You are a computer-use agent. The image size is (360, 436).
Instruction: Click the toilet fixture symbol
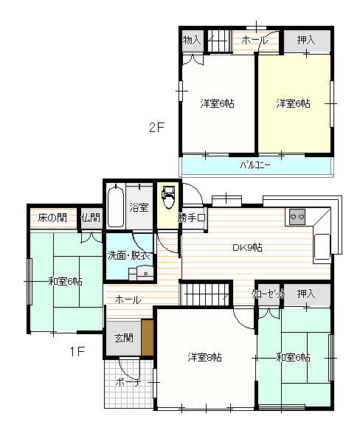click(x=168, y=196)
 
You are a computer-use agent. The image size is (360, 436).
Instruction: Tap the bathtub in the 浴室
click(x=116, y=207)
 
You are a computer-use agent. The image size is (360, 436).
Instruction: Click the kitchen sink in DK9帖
click(x=322, y=246)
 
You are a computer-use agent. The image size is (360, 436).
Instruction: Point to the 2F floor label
click(x=157, y=128)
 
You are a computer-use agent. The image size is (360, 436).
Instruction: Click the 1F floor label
click(x=77, y=352)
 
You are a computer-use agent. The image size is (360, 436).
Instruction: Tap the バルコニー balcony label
click(x=255, y=165)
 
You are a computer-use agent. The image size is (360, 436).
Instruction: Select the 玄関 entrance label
click(x=124, y=338)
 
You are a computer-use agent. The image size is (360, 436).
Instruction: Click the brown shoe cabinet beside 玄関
click(x=148, y=338)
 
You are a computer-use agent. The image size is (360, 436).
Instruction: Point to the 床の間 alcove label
click(x=52, y=218)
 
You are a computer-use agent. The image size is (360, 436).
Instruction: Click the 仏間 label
click(x=91, y=218)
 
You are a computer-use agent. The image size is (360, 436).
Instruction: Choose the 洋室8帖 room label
click(x=204, y=357)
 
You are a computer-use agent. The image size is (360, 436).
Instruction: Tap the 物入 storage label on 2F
click(x=192, y=40)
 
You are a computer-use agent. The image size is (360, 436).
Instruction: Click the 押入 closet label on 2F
click(x=306, y=40)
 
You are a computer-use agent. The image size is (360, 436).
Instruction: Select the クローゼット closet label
click(x=269, y=294)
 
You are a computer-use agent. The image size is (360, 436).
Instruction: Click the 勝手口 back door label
click(x=192, y=218)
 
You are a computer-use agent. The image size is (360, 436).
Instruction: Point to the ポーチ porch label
click(x=128, y=382)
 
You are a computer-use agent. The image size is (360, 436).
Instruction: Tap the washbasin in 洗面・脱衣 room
click(x=145, y=272)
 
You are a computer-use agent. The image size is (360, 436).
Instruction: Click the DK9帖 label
click(x=247, y=247)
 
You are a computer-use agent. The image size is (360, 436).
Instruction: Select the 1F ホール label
click(x=128, y=300)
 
